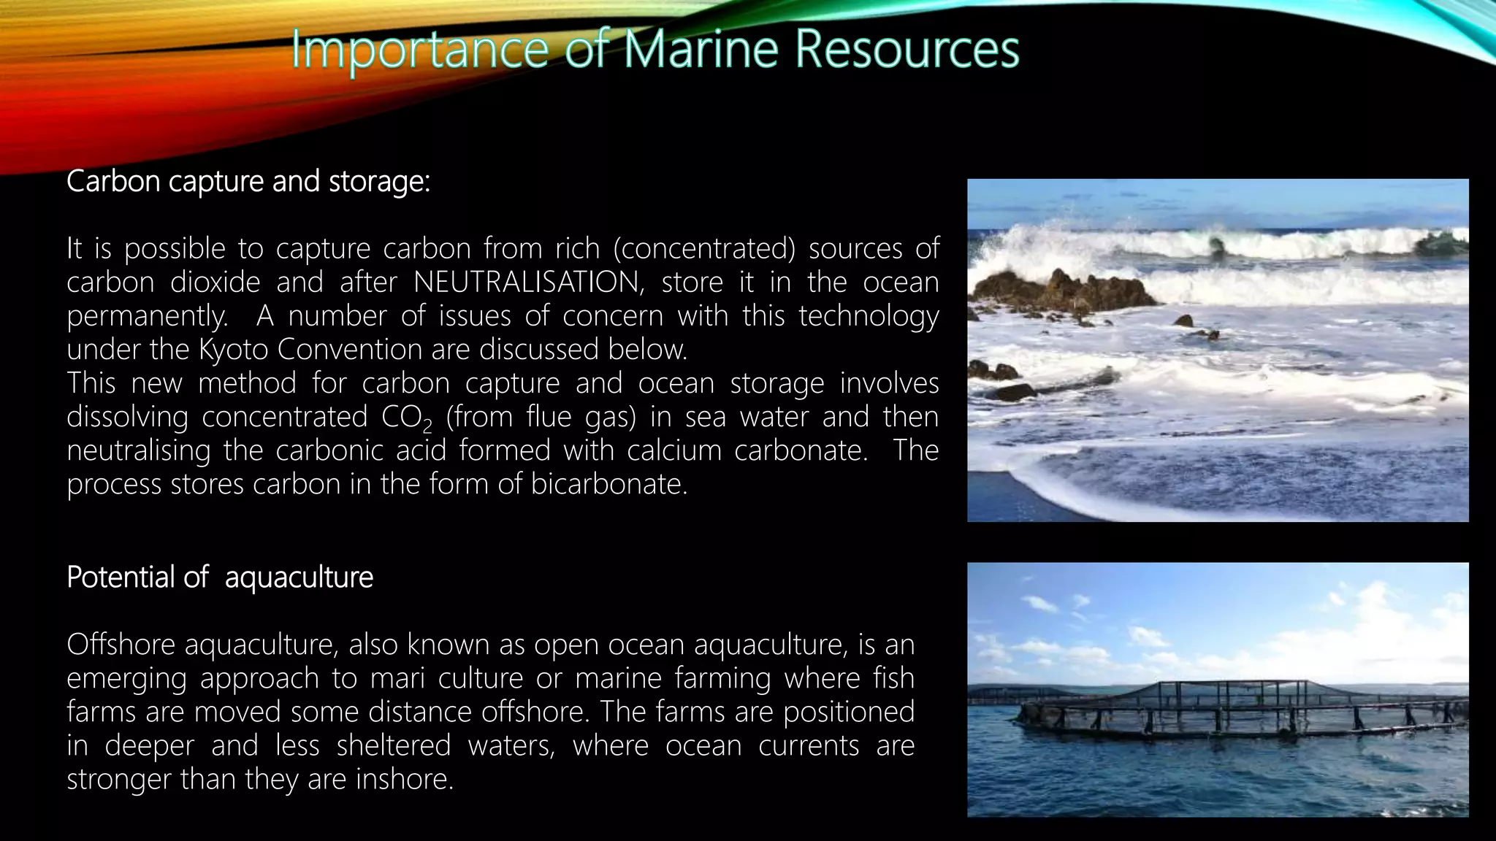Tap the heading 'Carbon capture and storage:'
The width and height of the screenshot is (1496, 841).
248,182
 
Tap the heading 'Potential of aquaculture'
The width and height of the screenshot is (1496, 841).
220,577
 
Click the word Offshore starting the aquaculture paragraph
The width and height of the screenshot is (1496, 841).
121,645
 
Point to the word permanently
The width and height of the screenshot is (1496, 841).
147,316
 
